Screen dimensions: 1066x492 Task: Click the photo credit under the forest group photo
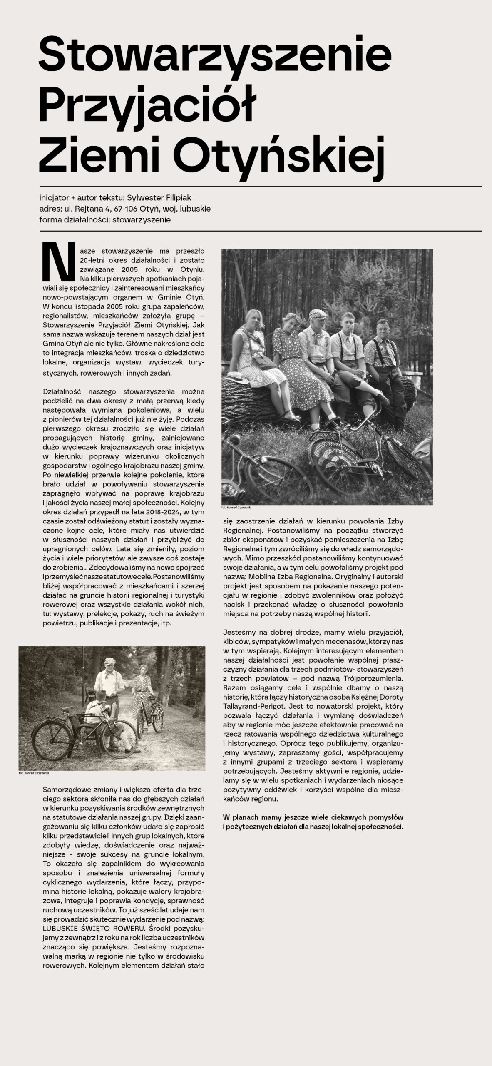coord(236,508)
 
